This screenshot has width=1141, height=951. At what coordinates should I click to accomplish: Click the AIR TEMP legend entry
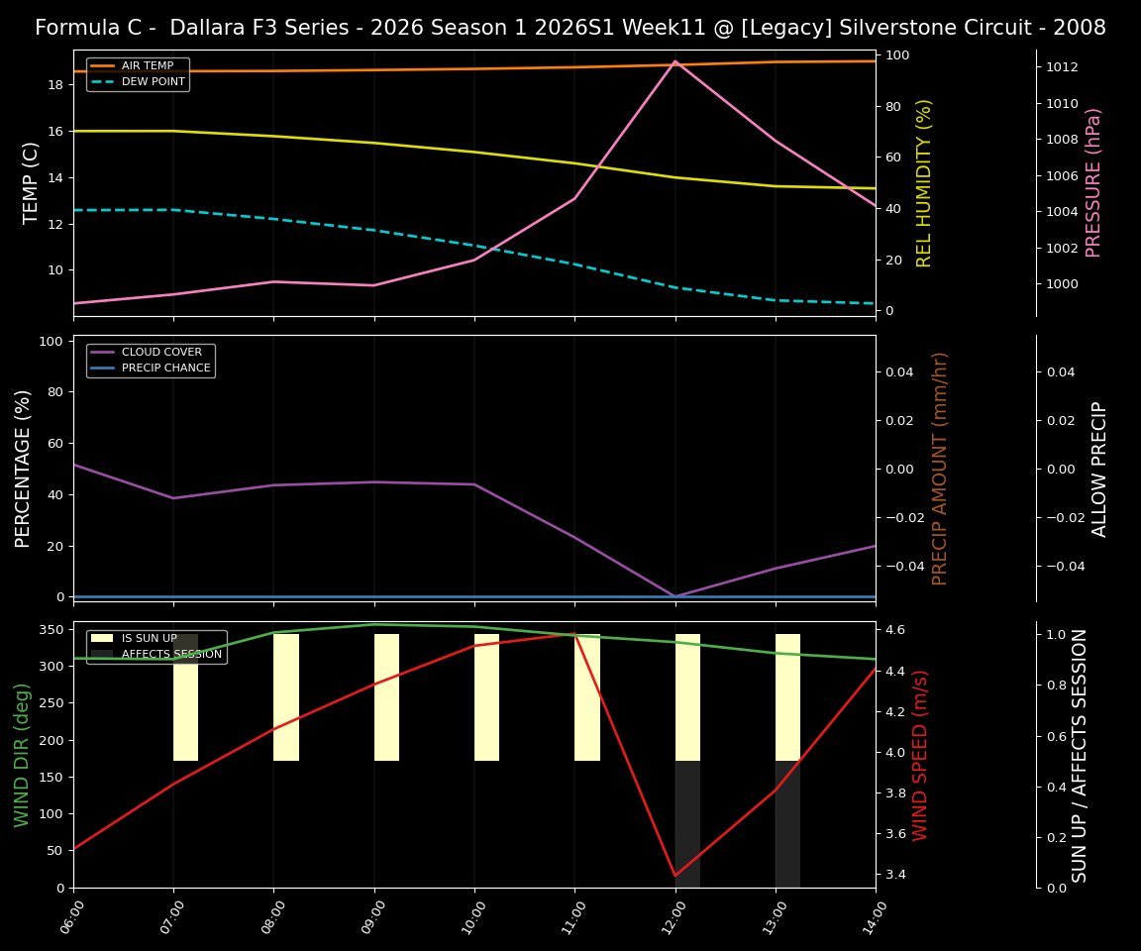[x=147, y=66]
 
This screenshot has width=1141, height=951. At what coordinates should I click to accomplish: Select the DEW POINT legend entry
[x=153, y=82]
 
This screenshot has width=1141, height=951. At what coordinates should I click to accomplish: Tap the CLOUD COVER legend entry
[x=161, y=353]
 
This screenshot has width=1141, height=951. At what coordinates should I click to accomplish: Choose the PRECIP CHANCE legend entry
[x=165, y=369]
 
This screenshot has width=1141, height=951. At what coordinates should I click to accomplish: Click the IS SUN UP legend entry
[x=149, y=639]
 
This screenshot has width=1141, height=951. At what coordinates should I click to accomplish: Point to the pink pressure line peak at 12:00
[x=675, y=61]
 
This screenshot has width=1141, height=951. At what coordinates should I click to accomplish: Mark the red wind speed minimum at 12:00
[x=675, y=876]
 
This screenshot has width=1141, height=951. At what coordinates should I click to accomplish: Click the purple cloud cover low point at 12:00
[x=675, y=596]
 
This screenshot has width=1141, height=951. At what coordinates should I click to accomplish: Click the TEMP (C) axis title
[x=32, y=182]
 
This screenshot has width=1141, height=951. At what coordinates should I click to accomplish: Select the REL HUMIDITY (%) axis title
[x=924, y=182]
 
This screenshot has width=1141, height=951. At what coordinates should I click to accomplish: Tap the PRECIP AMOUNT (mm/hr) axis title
[x=940, y=468]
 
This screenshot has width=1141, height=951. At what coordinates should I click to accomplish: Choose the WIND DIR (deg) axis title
[x=22, y=754]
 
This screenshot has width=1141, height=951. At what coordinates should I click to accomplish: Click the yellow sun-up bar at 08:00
[x=286, y=697]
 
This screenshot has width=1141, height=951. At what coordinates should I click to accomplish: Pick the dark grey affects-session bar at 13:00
[x=787, y=824]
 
